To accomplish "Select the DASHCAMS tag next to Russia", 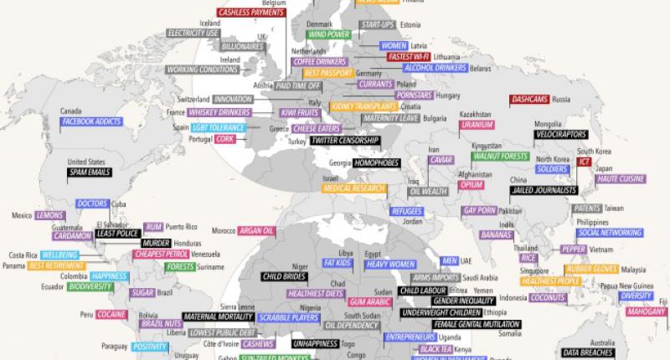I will click(529, 99).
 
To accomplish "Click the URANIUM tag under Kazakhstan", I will click(476, 125).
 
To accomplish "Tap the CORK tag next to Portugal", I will click(224, 138).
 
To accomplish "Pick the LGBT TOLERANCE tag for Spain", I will click(218, 127).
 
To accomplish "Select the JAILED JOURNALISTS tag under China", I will click(544, 190).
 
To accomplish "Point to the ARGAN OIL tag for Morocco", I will click(256, 230).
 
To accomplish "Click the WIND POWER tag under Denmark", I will click(329, 35).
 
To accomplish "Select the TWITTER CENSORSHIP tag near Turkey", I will click(344, 141).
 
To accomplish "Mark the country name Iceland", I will click(209, 23).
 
